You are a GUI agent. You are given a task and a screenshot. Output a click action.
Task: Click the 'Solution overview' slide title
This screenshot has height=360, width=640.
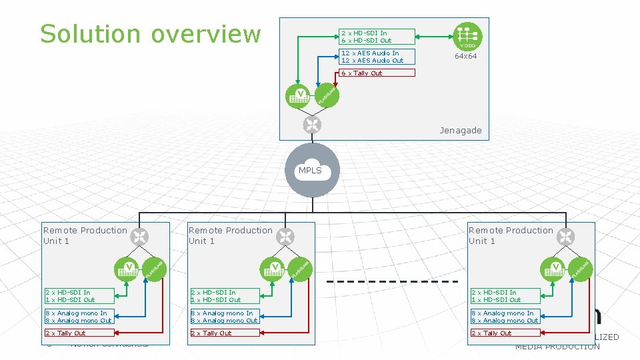(x=150, y=33)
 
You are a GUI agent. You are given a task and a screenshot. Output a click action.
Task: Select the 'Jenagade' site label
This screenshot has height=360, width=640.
(x=460, y=130)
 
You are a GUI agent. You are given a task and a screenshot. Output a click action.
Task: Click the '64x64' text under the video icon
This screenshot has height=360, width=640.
(x=466, y=57)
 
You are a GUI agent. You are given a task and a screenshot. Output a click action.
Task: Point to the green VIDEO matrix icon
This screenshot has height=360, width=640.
(x=467, y=36)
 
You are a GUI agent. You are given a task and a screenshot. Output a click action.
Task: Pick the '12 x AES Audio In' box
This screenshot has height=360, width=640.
(x=377, y=53)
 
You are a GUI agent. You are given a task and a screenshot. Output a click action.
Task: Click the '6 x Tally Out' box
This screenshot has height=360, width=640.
(x=377, y=73)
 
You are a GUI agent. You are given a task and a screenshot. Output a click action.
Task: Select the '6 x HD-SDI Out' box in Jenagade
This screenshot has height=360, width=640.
(x=377, y=40)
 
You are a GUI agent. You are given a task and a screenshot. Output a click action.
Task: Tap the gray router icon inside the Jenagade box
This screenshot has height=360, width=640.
(x=311, y=125)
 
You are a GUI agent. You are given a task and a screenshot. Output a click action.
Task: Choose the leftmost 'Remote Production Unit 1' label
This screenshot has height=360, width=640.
(x=85, y=235)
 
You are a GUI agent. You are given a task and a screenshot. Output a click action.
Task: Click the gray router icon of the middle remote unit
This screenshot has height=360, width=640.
(x=285, y=236)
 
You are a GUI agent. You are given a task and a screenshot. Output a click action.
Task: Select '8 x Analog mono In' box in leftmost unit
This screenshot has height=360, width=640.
(x=79, y=313)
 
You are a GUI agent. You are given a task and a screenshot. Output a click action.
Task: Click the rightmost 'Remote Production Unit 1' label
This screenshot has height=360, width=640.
(x=511, y=235)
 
